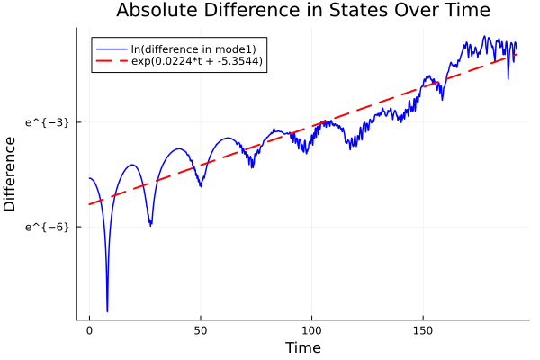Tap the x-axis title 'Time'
(302, 347)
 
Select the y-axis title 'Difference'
(11, 174)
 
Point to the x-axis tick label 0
(89, 331)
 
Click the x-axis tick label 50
(201, 331)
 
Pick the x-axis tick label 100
(311, 331)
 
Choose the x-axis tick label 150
(423, 331)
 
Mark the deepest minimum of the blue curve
(107, 311)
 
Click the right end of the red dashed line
(517, 55)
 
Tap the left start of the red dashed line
(89, 204)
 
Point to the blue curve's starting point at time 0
(89, 178)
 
